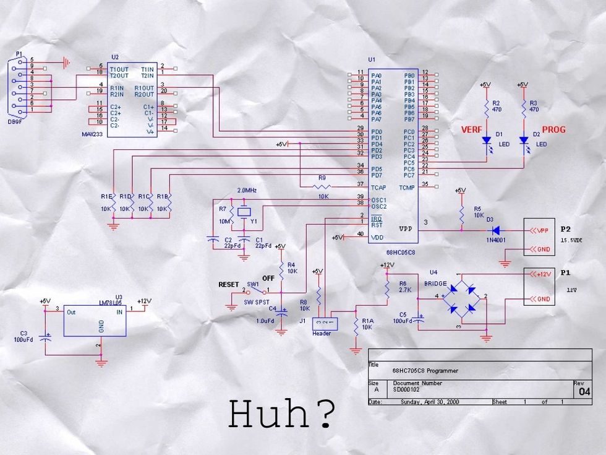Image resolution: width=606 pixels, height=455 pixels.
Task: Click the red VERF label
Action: tap(473, 130)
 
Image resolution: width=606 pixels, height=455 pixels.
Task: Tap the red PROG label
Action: tap(554, 130)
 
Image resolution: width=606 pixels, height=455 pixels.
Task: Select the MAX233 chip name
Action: tap(92, 134)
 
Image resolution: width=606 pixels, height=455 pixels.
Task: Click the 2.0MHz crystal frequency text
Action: tap(247, 190)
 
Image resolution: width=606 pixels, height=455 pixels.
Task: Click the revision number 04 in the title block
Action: tap(584, 392)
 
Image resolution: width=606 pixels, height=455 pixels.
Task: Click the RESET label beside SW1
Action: tap(229, 285)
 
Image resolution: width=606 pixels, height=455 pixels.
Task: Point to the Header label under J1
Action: tap(322, 334)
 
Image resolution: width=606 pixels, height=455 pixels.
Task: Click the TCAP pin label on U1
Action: tap(378, 186)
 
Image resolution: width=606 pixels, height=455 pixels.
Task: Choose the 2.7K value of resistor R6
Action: tap(404, 289)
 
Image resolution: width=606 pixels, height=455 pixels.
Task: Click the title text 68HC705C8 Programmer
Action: tap(425, 371)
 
